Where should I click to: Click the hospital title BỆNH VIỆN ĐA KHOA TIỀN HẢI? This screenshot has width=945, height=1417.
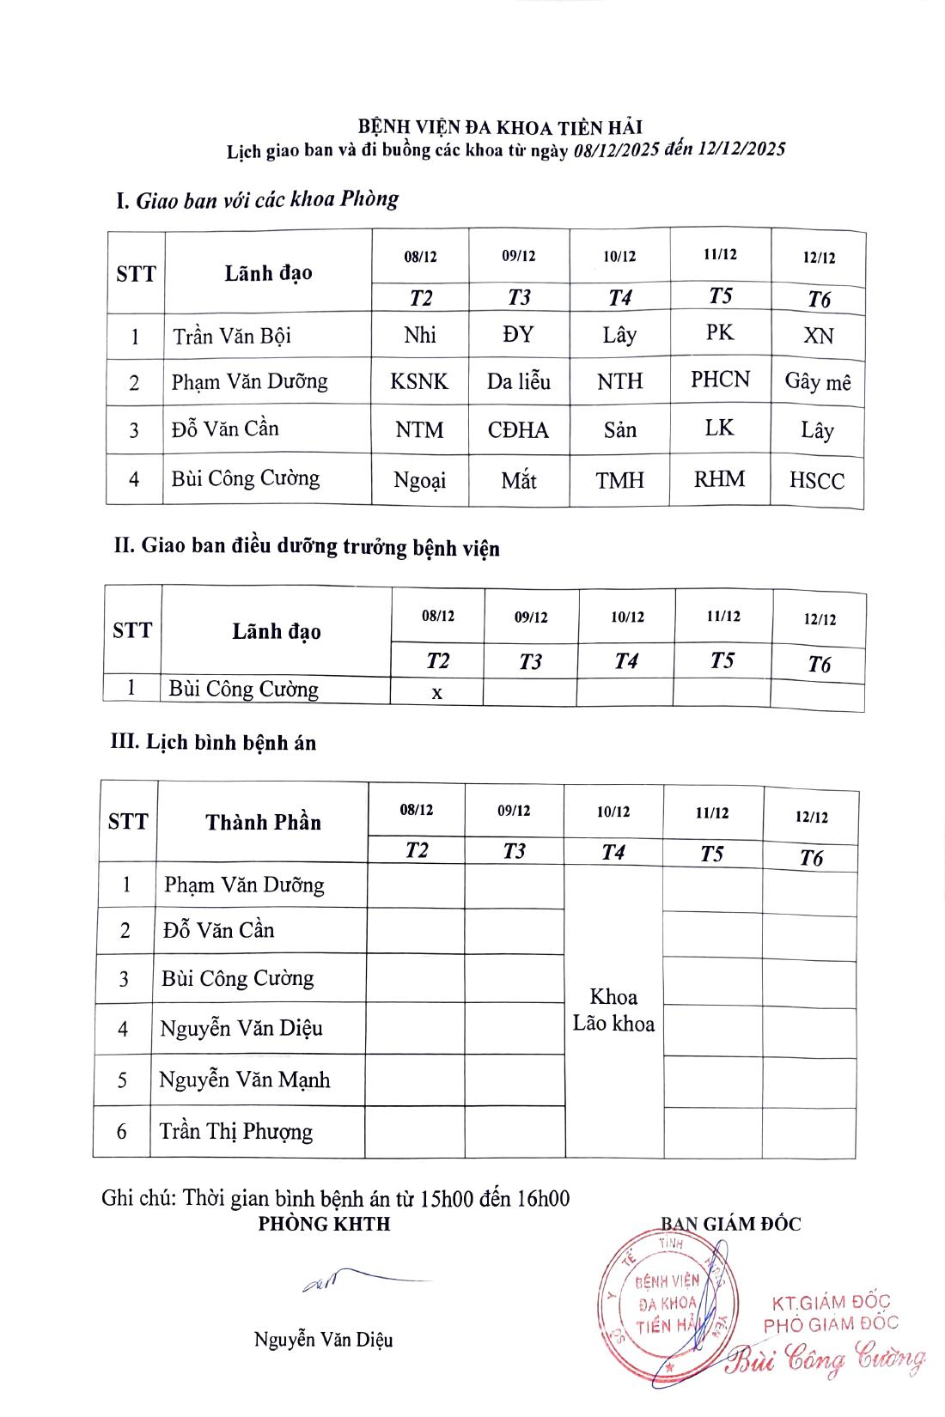coord(500,128)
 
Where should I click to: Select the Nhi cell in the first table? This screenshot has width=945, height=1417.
coord(420,335)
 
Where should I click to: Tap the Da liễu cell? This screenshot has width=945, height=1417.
coord(519,380)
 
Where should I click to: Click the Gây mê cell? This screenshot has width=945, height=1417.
coord(818,382)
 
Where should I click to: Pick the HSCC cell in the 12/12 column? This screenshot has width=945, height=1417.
coord(817,481)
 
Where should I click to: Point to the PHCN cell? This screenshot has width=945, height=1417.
coord(720,380)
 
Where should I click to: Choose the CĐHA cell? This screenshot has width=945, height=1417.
coord(518,429)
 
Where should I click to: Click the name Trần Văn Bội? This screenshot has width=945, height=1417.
coord(232,335)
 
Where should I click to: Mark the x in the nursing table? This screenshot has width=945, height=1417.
coord(437,693)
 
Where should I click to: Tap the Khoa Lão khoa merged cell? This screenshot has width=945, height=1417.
coord(613,1010)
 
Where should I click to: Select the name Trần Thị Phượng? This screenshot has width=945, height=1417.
coord(236,1131)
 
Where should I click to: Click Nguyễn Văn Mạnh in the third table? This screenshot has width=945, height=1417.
coord(245,1079)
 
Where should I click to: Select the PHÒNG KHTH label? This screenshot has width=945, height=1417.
coord(324,1224)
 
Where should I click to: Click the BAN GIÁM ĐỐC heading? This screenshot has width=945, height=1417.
coord(730,1224)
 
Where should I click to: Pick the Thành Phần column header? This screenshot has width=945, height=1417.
coord(263,822)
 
